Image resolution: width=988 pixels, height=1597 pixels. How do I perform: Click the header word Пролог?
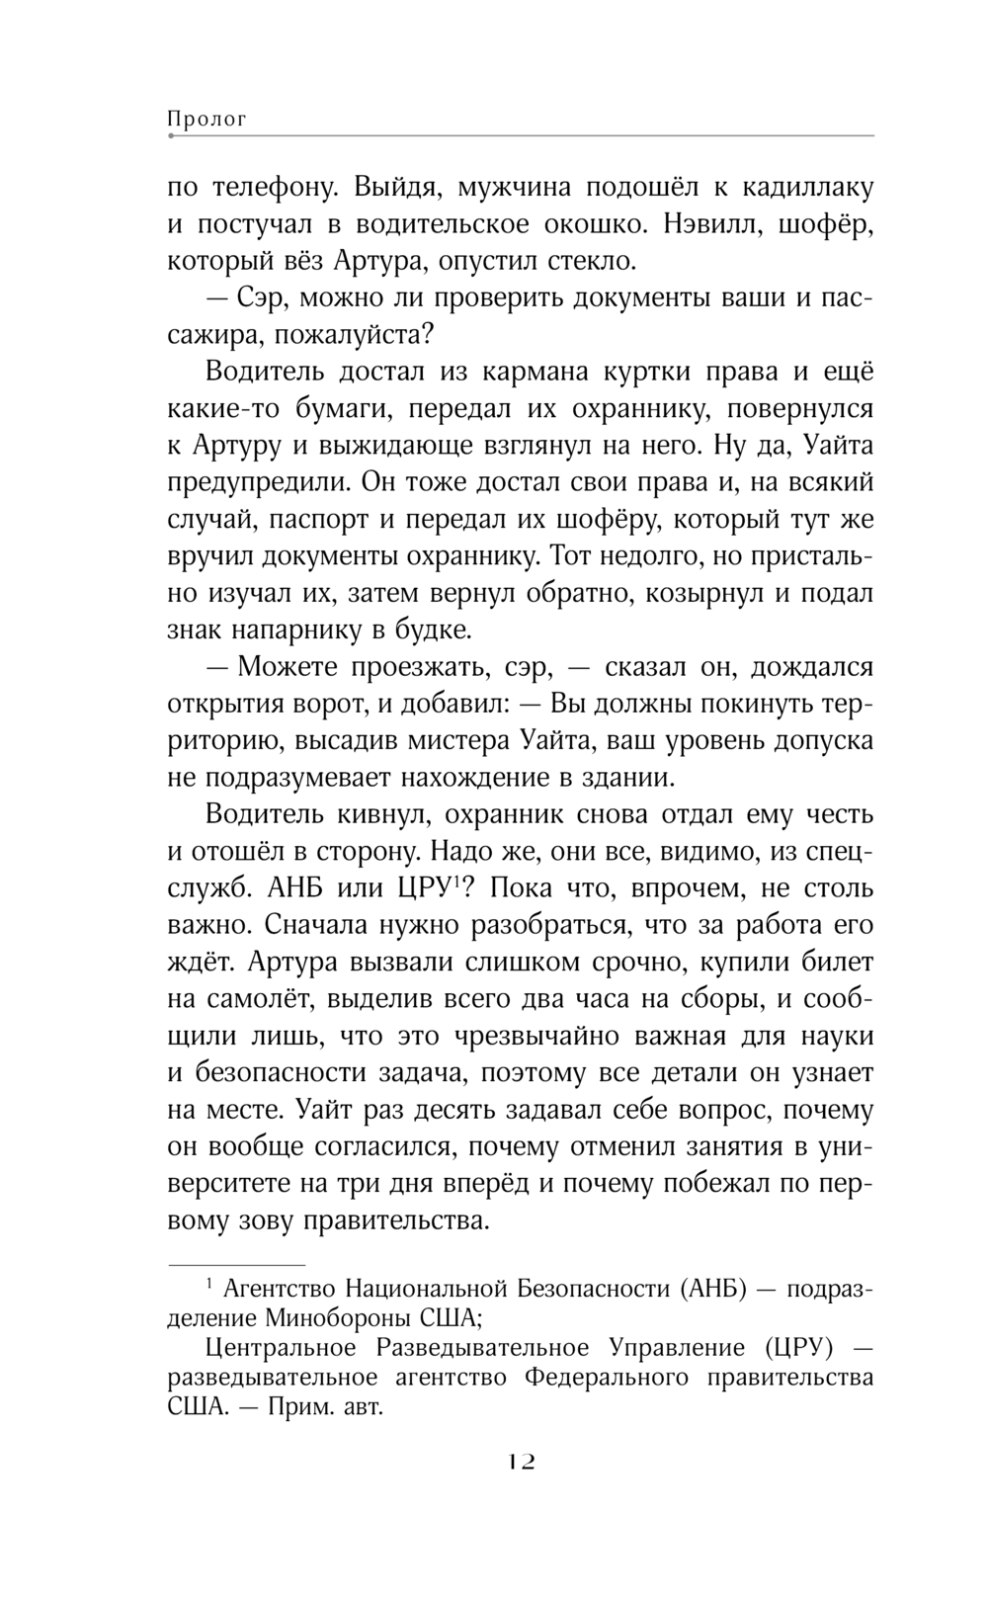[x=206, y=120]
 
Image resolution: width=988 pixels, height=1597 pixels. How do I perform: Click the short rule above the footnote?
[x=237, y=1264]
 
